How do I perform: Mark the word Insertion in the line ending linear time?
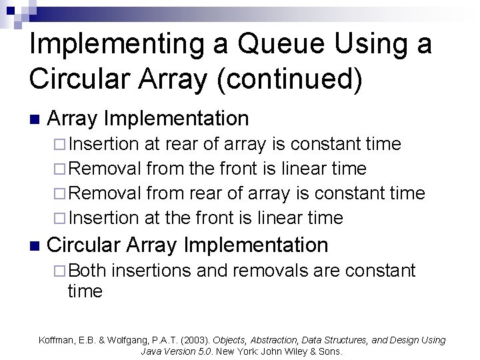coord(103,218)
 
